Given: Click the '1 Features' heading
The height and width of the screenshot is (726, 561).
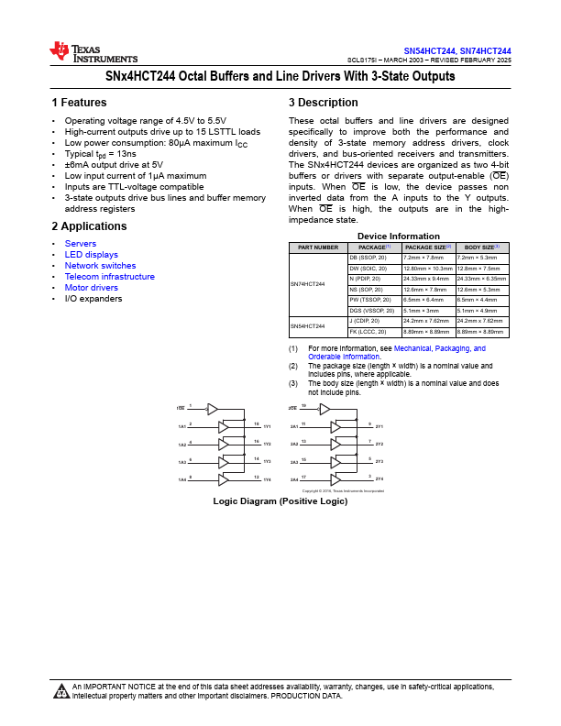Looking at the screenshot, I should coord(79,103).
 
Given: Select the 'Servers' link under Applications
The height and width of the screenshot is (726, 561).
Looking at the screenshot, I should coord(80,244).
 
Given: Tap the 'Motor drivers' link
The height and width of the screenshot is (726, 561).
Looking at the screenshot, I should coord(92,288).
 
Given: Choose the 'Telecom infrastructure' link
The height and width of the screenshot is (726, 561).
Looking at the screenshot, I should coord(109,277).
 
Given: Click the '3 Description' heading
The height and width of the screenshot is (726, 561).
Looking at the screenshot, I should coord(323,103).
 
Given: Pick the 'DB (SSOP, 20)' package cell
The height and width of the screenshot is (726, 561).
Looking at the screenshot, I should coord(369,258).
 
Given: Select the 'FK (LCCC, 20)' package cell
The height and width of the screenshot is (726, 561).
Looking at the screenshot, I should coord(370,332).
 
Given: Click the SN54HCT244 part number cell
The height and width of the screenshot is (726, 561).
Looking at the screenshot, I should coord(308,325).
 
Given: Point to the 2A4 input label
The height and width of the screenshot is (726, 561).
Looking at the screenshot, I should coord(294,479).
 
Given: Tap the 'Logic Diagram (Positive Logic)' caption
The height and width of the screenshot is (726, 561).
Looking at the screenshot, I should coord(280,501).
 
